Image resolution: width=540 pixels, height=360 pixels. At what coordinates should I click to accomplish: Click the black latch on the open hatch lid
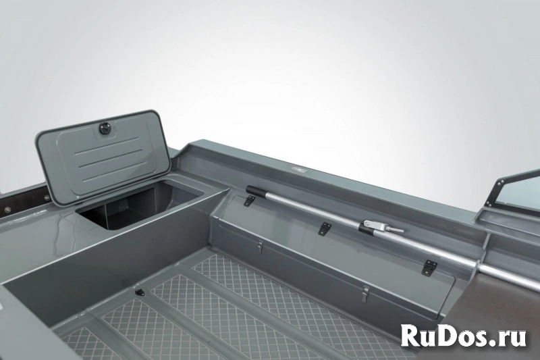(103, 129)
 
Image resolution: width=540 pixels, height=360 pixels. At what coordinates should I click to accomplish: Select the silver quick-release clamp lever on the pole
(392, 229)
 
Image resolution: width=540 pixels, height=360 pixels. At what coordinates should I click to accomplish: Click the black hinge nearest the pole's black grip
(248, 201)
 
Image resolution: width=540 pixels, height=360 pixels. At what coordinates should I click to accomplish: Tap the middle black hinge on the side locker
(325, 230)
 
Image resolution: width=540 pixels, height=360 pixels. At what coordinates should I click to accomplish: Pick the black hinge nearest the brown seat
(429, 267)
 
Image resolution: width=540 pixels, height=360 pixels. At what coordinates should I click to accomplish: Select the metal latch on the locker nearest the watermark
(365, 293)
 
